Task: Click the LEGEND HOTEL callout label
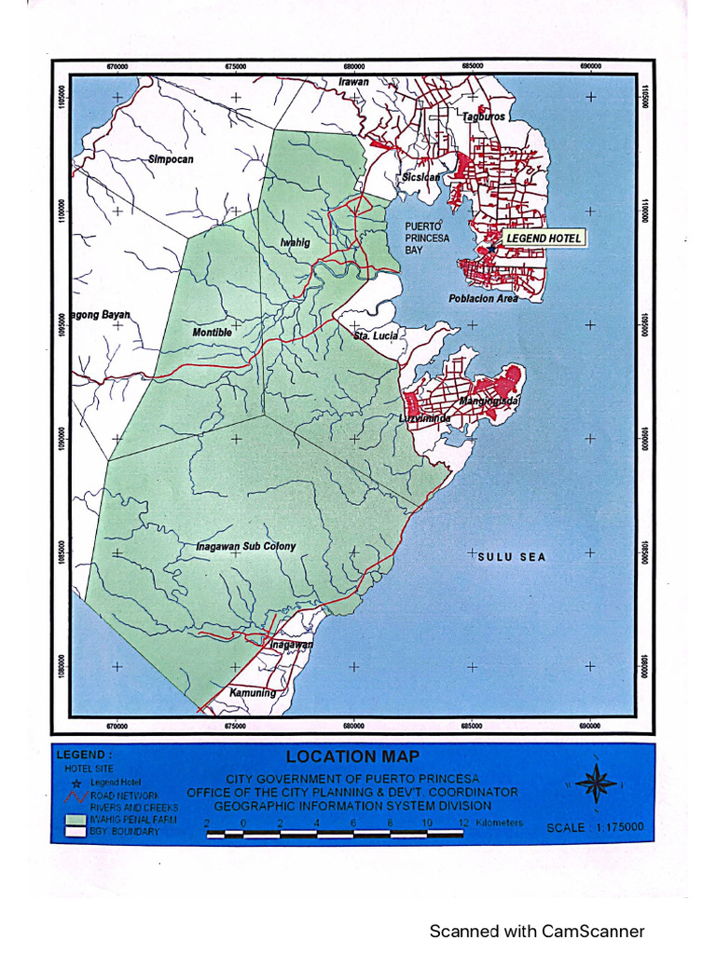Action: tap(544, 238)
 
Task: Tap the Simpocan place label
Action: tap(171, 159)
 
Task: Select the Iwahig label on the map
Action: tap(295, 243)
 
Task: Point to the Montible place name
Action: tap(212, 333)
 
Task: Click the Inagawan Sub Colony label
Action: tap(246, 546)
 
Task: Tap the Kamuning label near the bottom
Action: tap(253, 693)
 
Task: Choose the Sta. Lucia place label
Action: tap(376, 334)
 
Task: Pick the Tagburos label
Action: tap(484, 117)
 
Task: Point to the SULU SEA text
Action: tap(512, 557)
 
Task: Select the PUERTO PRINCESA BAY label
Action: tap(427, 238)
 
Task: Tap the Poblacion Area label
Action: tap(483, 299)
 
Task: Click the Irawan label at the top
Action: tap(353, 82)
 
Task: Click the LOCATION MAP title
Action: tap(352, 756)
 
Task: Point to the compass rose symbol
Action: tap(596, 784)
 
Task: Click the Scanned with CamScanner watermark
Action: tap(536, 931)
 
